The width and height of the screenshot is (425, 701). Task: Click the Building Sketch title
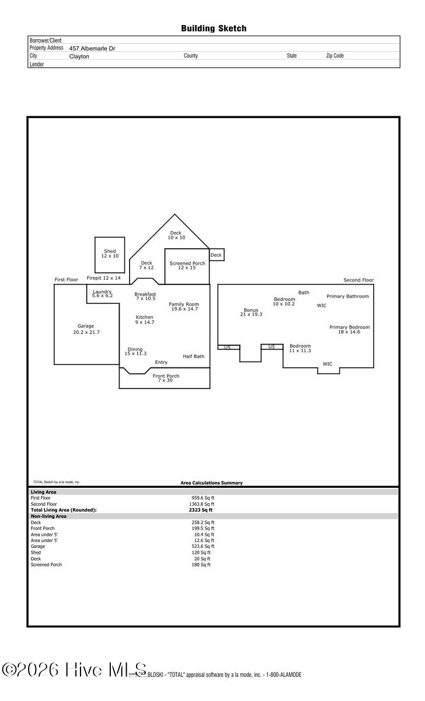point(213,28)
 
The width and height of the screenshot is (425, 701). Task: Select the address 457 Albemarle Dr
point(92,48)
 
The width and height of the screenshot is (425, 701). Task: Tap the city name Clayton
point(79,57)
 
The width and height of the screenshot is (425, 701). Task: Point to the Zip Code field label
point(335,56)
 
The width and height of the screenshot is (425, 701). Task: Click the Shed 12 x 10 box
point(110,254)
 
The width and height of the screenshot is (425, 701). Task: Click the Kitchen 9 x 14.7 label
point(144,320)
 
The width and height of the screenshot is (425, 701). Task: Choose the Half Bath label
point(193,356)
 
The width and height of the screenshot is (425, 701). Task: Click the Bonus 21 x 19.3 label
point(251,312)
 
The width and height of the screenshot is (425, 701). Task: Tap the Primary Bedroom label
point(349,329)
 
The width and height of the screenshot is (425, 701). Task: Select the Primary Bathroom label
point(347,296)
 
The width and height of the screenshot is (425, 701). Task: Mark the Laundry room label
point(102,293)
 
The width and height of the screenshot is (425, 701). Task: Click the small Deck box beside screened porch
point(216,255)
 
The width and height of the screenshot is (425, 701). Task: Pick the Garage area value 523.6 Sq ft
point(203,546)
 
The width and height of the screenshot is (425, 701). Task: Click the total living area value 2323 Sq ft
point(197,510)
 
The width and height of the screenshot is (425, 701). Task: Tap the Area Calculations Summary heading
point(211,483)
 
